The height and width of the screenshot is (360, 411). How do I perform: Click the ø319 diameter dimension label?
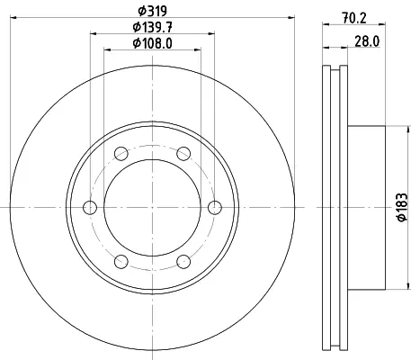coord(152,11)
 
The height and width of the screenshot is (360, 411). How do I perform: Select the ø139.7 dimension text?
coord(153,28)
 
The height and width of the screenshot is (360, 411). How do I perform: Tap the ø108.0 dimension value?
coord(153,43)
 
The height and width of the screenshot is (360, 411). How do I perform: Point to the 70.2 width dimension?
coord(354,18)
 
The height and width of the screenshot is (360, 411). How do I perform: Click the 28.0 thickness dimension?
coord(367,41)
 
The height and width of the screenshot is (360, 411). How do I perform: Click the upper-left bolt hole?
coord(121,154)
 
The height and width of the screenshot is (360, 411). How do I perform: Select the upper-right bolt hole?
coord(183,154)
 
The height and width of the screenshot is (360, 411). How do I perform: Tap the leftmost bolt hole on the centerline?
coord(90,208)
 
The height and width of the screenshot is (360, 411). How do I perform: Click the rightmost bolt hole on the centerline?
coord(215,208)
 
